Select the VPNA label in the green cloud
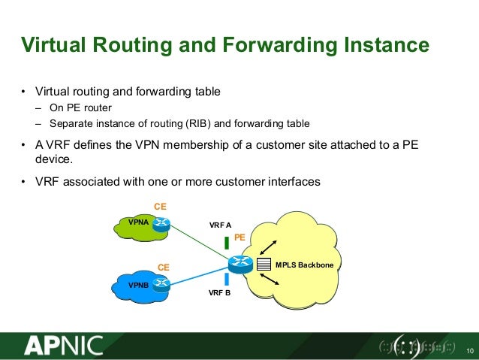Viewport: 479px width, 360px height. coord(138,222)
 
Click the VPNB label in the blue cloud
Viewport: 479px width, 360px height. coord(138,286)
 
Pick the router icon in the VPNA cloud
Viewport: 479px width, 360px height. coord(161,222)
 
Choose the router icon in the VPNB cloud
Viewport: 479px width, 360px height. coord(161,285)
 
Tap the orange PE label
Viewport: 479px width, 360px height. coord(240,237)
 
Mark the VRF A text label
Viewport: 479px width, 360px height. coord(220,225)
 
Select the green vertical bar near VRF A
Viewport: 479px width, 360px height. coord(227,243)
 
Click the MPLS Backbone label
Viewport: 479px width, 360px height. coord(304,265)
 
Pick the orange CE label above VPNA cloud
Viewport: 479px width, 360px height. coord(160,206)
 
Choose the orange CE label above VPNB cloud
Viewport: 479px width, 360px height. coord(163,267)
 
